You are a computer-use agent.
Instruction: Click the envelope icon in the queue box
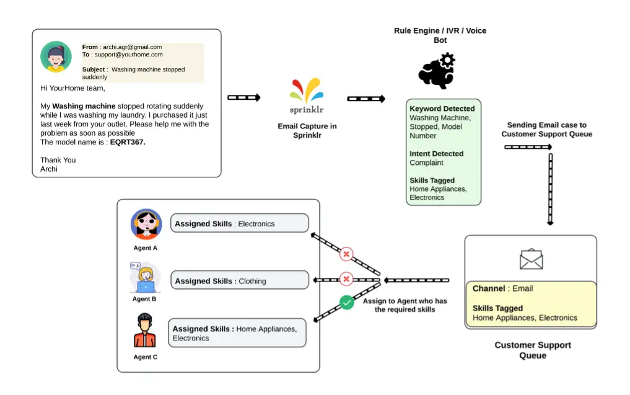pos(531,259)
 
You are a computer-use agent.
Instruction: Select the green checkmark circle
pos(347,303)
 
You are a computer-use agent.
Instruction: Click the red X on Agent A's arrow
pos(346,254)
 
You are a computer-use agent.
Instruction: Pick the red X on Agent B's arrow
pos(347,279)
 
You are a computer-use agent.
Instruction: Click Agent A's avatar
pos(146,224)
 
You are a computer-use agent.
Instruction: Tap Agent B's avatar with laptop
pos(145,278)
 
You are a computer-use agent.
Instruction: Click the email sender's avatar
pos(56,57)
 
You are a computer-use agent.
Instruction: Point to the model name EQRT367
pos(128,142)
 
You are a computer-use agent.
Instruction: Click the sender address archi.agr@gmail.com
pos(132,47)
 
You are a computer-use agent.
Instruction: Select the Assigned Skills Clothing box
pos(239,280)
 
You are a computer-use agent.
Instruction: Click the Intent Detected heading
pos(436,154)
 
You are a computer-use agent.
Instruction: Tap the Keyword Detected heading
pos(442,109)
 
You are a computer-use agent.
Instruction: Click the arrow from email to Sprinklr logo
pos(244,98)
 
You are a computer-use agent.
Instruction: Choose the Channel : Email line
pos(502,288)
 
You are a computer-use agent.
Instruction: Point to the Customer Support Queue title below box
pos(532,350)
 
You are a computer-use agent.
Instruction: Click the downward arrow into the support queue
pos(550,189)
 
